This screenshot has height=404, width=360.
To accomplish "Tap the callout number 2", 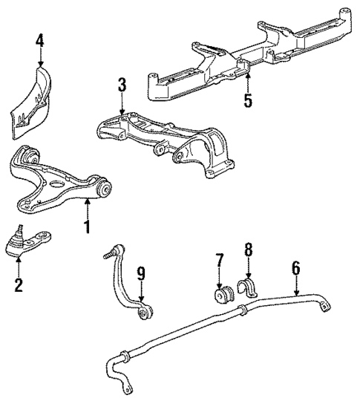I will [18, 285].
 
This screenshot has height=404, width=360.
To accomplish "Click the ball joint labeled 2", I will [30, 242].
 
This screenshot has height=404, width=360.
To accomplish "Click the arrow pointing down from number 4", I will [40, 58].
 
